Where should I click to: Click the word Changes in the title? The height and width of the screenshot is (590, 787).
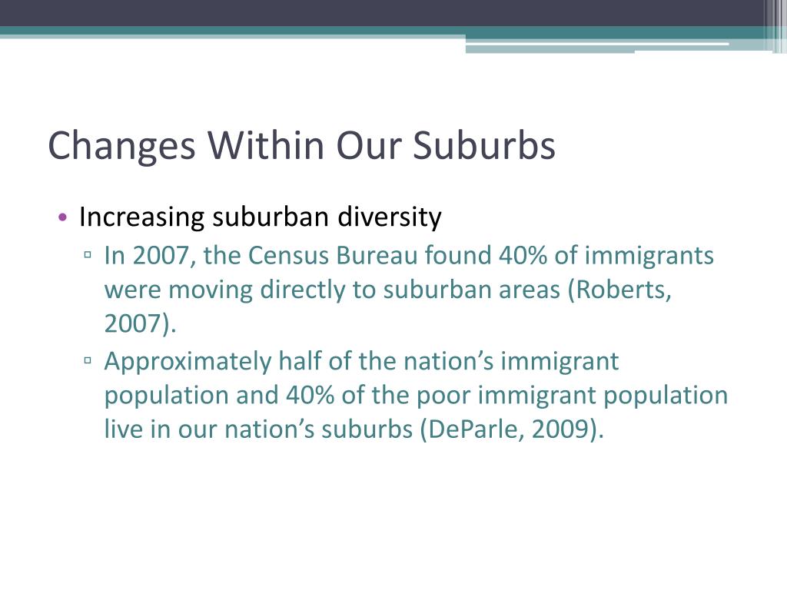click(x=121, y=146)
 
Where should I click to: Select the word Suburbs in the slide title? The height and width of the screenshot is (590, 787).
click(x=484, y=146)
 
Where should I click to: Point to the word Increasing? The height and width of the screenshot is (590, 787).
click(x=142, y=218)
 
